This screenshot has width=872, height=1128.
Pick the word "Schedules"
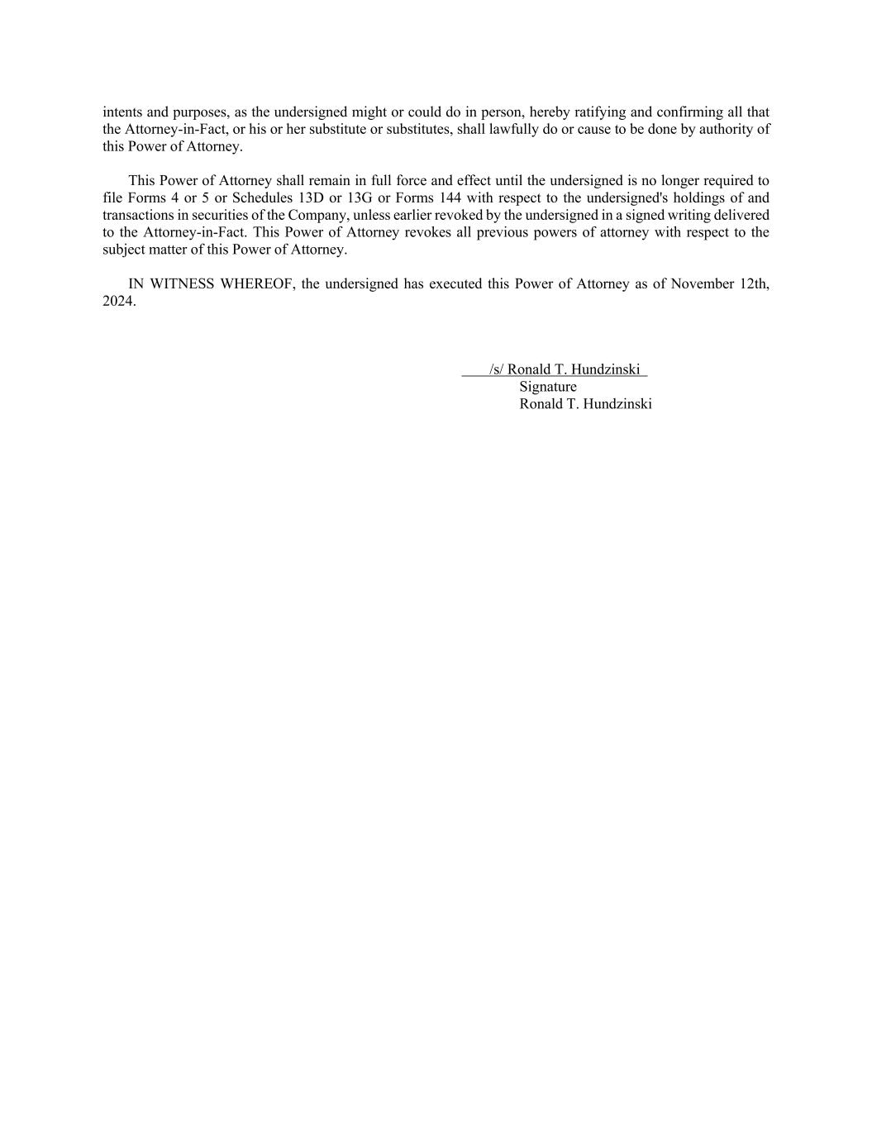tap(262, 198)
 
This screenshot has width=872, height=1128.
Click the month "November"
tap(702, 283)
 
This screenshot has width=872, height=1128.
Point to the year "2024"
tap(117, 301)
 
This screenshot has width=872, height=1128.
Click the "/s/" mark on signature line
tap(496, 369)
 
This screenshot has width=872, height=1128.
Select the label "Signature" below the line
tap(548, 387)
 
